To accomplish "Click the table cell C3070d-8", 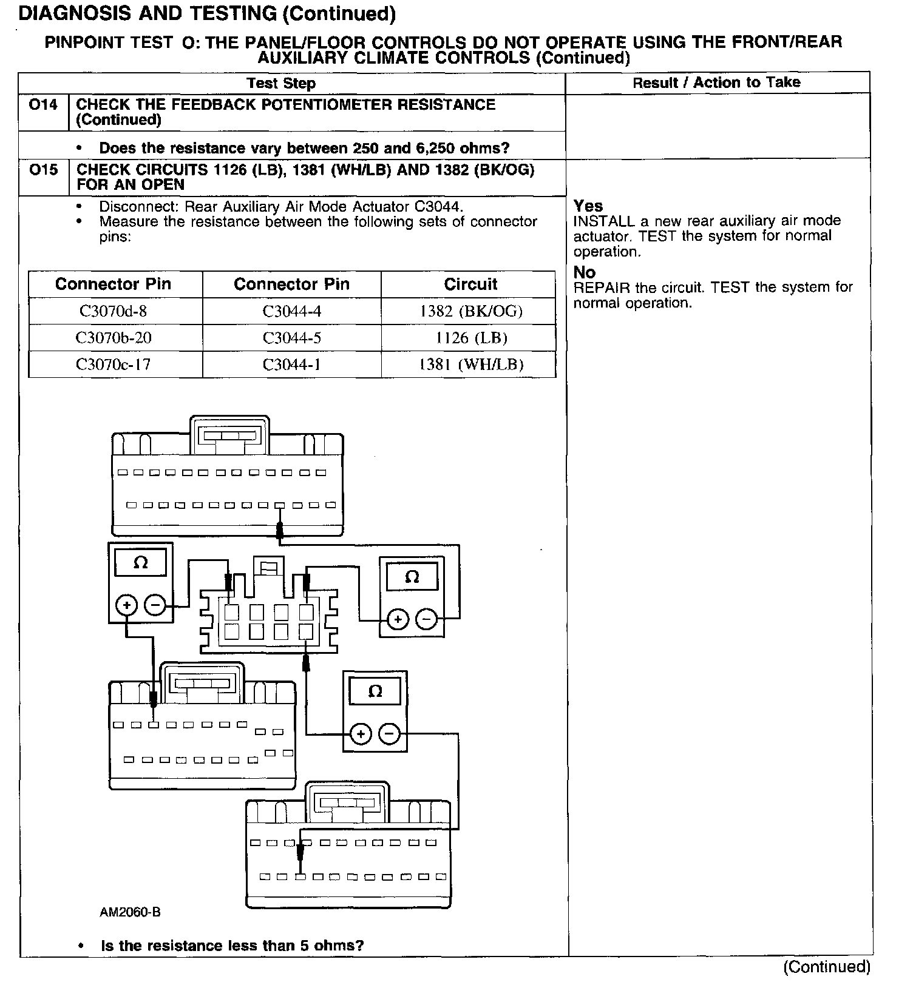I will pyautogui.click(x=114, y=311).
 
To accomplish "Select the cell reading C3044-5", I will pyautogui.click(x=291, y=338).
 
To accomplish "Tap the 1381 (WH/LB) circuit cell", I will pyautogui.click(x=470, y=365).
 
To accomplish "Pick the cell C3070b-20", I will pyautogui.click(x=114, y=338).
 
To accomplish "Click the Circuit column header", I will pyautogui.click(x=470, y=284).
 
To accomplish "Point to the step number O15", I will pyautogui.click(x=44, y=170).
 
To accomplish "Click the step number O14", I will pyautogui.click(x=44, y=105).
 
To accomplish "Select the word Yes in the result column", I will pyautogui.click(x=588, y=206).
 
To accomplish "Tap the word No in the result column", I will pyautogui.click(x=585, y=272).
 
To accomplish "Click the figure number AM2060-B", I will pyautogui.click(x=131, y=912).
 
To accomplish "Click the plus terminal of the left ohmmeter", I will pyautogui.click(x=127, y=605).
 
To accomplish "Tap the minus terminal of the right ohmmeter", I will pyautogui.click(x=427, y=619).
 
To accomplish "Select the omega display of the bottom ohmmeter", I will pyautogui.click(x=375, y=691).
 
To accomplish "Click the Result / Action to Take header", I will pyautogui.click(x=716, y=82).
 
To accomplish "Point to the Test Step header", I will pyautogui.click(x=281, y=83).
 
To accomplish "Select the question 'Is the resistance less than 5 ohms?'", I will pyautogui.click(x=232, y=946).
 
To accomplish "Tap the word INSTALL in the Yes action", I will pyautogui.click(x=603, y=221).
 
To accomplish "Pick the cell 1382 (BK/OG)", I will pyautogui.click(x=470, y=311).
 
